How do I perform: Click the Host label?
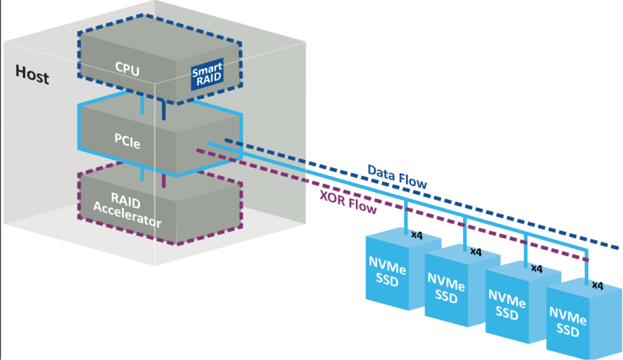[32, 77]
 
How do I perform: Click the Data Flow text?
[397, 175]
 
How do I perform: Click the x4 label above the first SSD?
[418, 234]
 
